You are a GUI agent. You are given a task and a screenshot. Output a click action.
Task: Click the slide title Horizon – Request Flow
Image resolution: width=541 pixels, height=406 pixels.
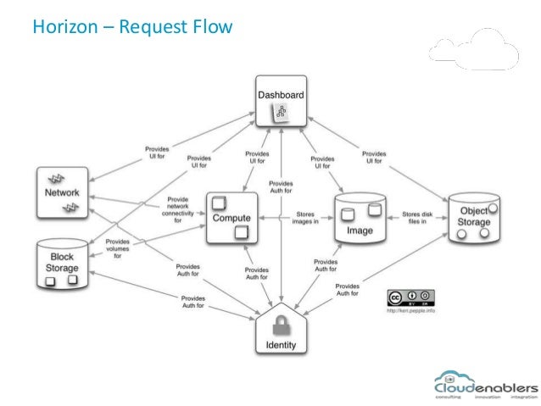click(131, 26)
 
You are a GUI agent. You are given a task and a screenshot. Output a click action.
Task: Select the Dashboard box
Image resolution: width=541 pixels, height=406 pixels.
click(281, 103)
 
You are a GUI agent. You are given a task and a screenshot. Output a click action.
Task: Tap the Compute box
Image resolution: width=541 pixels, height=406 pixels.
click(231, 217)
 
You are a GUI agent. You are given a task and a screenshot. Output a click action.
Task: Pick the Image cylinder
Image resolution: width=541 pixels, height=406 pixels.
click(360, 219)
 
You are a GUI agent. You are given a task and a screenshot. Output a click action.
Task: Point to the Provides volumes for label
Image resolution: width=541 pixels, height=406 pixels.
click(118, 247)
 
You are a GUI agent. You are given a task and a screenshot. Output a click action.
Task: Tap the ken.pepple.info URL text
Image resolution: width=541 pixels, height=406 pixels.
click(411, 311)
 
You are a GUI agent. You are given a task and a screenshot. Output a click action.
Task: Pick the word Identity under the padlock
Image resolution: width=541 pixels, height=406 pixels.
click(281, 346)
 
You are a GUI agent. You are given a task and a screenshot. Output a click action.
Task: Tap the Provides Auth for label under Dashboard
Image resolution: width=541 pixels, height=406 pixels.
click(282, 187)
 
